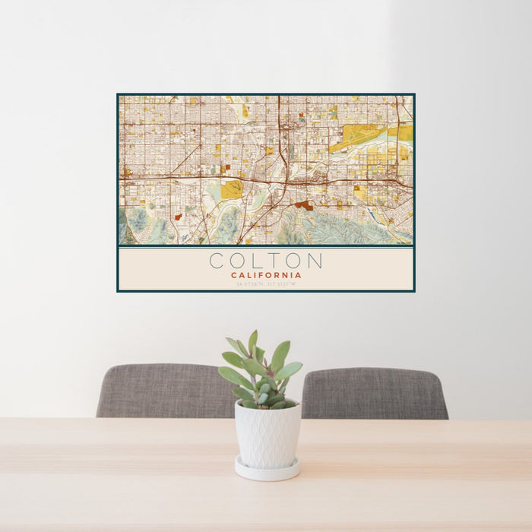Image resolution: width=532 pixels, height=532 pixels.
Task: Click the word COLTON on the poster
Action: coord(265,261)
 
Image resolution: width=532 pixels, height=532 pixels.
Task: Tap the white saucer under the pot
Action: coord(267,470)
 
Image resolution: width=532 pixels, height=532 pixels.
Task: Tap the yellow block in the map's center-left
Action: coord(232,189)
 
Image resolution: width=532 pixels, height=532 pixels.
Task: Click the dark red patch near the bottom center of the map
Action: coord(305,204)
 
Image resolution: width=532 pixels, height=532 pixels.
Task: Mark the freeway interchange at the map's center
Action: coord(284,182)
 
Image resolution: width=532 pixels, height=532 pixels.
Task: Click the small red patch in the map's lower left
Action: coord(177,217)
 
